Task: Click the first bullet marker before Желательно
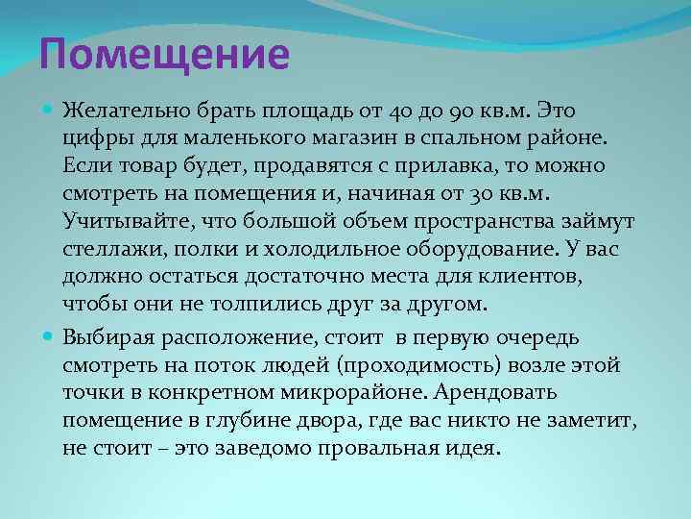[49, 111]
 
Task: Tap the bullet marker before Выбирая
[49, 337]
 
